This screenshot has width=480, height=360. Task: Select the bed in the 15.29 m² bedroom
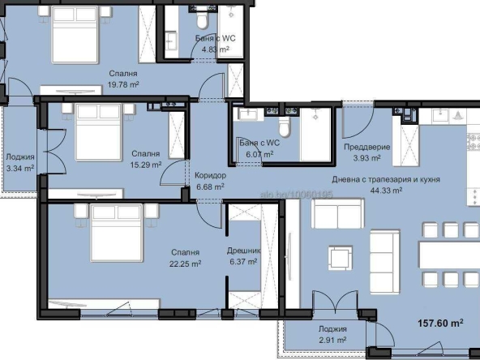tap(99, 136)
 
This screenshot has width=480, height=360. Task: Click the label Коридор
tap(211, 175)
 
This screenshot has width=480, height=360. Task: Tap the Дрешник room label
tap(243, 251)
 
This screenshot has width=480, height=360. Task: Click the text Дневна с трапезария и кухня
tap(386, 178)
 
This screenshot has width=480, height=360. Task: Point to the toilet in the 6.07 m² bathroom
tap(284, 128)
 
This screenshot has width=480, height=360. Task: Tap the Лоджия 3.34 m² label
tap(19, 163)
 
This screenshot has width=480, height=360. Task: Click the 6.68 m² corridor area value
tap(210, 186)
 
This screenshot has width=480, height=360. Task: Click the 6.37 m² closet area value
tap(243, 262)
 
